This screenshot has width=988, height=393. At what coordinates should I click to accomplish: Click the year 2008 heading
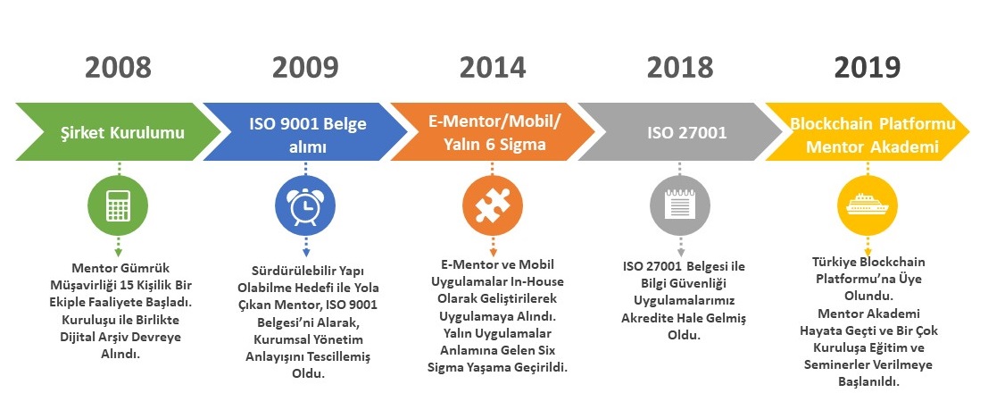coord(119,68)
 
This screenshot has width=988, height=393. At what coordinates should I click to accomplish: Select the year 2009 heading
coord(305,68)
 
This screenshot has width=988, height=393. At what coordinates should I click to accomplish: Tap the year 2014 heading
coord(493,68)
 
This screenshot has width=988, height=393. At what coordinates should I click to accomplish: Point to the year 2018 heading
coord(680,68)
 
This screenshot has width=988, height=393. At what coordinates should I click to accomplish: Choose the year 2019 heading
coord(868,68)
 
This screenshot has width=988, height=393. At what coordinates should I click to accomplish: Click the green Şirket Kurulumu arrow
coord(119,132)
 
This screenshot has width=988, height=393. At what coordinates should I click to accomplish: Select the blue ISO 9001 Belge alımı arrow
coord(305,132)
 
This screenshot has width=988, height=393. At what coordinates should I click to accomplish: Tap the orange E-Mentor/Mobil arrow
coord(493,132)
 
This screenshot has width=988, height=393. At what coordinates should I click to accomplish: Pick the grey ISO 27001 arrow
coord(680,132)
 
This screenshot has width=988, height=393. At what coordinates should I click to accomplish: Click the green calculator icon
coord(119,205)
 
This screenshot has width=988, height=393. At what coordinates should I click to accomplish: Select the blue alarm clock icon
coord(305,205)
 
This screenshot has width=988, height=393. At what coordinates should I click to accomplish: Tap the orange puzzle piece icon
coord(493,205)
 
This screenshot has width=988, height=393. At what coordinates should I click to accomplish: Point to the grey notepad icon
coord(680,205)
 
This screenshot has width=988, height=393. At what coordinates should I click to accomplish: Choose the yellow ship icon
coord(868,205)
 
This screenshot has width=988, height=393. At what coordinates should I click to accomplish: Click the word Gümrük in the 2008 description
coord(146,268)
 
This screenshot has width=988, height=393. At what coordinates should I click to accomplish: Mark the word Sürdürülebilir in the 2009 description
coord(287,272)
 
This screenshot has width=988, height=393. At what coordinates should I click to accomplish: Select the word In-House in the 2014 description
coord(538,281)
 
